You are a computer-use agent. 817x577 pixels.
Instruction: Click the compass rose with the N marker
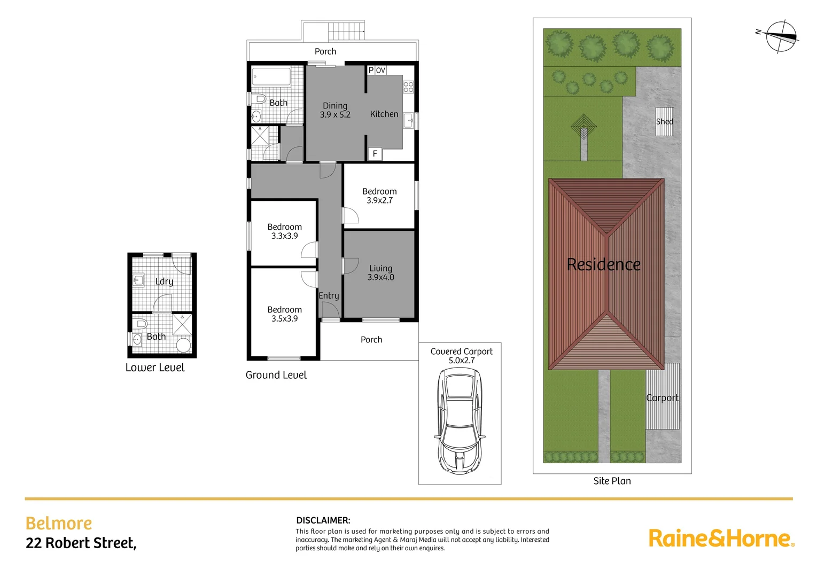pos(781,36)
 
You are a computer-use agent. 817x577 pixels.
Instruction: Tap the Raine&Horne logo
pos(721,538)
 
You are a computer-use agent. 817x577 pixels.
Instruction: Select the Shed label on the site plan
pos(665,121)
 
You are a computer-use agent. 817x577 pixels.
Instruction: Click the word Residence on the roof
pos(603,264)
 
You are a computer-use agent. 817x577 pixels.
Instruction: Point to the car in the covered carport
pos(460,421)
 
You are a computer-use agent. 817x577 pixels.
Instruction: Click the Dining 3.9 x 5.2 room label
pos(335,110)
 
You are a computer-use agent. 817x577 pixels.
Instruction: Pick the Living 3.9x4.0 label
pos(380,272)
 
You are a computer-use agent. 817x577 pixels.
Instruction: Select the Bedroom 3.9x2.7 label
pos(379,196)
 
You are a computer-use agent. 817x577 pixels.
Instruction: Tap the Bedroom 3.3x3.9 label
pos(284,231)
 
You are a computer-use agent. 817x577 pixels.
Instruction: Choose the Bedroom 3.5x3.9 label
pos(284,314)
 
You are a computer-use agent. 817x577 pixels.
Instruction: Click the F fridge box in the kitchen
pos(375,154)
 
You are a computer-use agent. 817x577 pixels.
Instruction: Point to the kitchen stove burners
pos(408,87)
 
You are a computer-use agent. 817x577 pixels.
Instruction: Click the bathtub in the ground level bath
pos(271,76)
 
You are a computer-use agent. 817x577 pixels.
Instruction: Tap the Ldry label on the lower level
pos(164,282)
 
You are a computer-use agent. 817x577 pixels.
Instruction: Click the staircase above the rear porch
pos(346,30)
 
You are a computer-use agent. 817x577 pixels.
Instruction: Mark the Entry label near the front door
pos(329,295)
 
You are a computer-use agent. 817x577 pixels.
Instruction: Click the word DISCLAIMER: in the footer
pos(323,520)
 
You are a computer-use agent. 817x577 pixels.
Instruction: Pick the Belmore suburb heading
pos(59,523)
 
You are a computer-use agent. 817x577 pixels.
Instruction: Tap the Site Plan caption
pos(612,481)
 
